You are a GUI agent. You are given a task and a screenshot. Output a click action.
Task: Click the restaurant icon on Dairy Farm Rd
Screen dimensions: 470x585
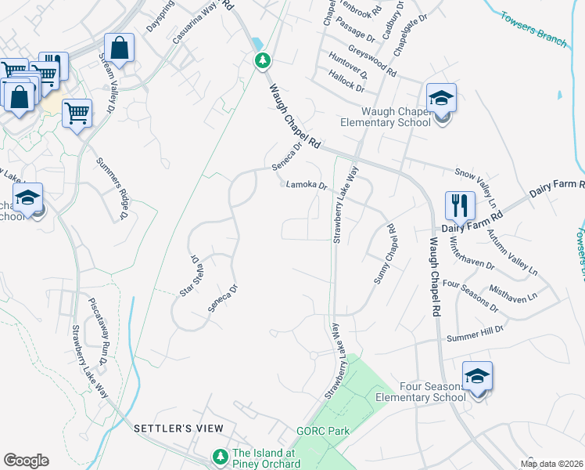[460, 207]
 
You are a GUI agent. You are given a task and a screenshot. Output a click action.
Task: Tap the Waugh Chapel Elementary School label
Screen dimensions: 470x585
[385, 117]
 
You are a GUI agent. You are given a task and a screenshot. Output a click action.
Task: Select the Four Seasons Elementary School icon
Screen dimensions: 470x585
[477, 376]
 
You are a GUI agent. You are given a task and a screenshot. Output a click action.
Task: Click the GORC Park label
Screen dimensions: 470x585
[322, 431]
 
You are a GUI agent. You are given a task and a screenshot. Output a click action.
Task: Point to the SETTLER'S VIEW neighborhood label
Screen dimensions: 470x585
[178, 428]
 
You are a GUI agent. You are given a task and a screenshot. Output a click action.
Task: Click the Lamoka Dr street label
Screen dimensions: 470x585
[306, 186]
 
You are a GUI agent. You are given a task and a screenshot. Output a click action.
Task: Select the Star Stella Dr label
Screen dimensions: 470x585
[188, 275]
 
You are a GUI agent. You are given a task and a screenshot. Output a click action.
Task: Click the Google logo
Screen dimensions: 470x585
[26, 461]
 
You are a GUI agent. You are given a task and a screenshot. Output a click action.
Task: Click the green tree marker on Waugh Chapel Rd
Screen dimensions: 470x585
[264, 60]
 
